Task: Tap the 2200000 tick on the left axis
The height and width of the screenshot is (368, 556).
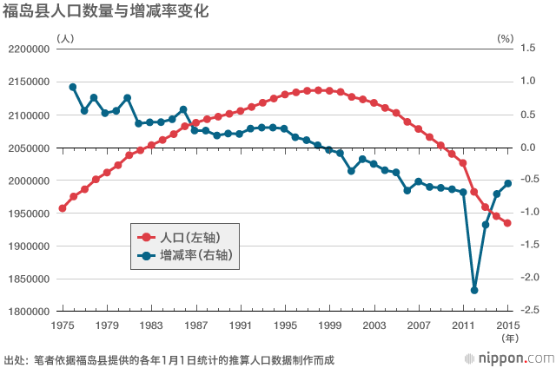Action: coord(30,49)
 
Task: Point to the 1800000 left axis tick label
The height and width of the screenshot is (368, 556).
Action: coord(30,312)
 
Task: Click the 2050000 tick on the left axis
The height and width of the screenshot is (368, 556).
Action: coord(30,148)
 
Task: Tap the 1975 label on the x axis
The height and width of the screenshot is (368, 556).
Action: coord(62,325)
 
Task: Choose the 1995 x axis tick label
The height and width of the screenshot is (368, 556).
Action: coord(285,325)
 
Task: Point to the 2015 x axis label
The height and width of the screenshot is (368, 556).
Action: coord(508,325)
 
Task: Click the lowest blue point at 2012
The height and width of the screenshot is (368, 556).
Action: coord(474,291)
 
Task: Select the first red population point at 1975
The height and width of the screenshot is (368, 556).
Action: coord(62,208)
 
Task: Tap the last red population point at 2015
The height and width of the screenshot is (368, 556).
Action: coord(508,223)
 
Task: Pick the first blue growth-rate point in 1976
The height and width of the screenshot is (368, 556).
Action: coord(73,87)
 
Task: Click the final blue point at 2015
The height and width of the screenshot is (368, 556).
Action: coord(508,183)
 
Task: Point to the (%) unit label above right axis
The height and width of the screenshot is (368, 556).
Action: coord(505,39)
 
